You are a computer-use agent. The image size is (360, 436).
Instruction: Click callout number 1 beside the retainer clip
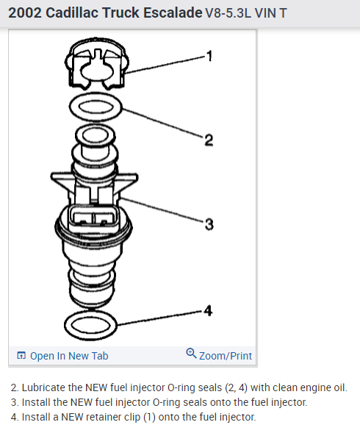(x=209, y=56)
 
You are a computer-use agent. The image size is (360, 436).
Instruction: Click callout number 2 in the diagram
(x=209, y=140)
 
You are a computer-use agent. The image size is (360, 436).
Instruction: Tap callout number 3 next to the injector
(x=209, y=224)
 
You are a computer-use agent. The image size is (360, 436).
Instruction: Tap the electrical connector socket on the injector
(x=92, y=218)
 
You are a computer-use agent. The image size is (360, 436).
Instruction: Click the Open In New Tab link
(x=69, y=356)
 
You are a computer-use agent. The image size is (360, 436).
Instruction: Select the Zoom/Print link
(x=226, y=356)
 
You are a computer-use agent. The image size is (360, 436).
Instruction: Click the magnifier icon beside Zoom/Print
(x=191, y=354)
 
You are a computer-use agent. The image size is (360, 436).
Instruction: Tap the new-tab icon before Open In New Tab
(x=21, y=355)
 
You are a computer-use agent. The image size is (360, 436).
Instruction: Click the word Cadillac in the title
(x=73, y=12)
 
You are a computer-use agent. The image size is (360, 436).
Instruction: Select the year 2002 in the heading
(x=25, y=12)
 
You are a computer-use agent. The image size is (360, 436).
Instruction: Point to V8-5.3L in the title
(x=228, y=13)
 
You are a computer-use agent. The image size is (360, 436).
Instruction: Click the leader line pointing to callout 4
(x=159, y=318)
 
